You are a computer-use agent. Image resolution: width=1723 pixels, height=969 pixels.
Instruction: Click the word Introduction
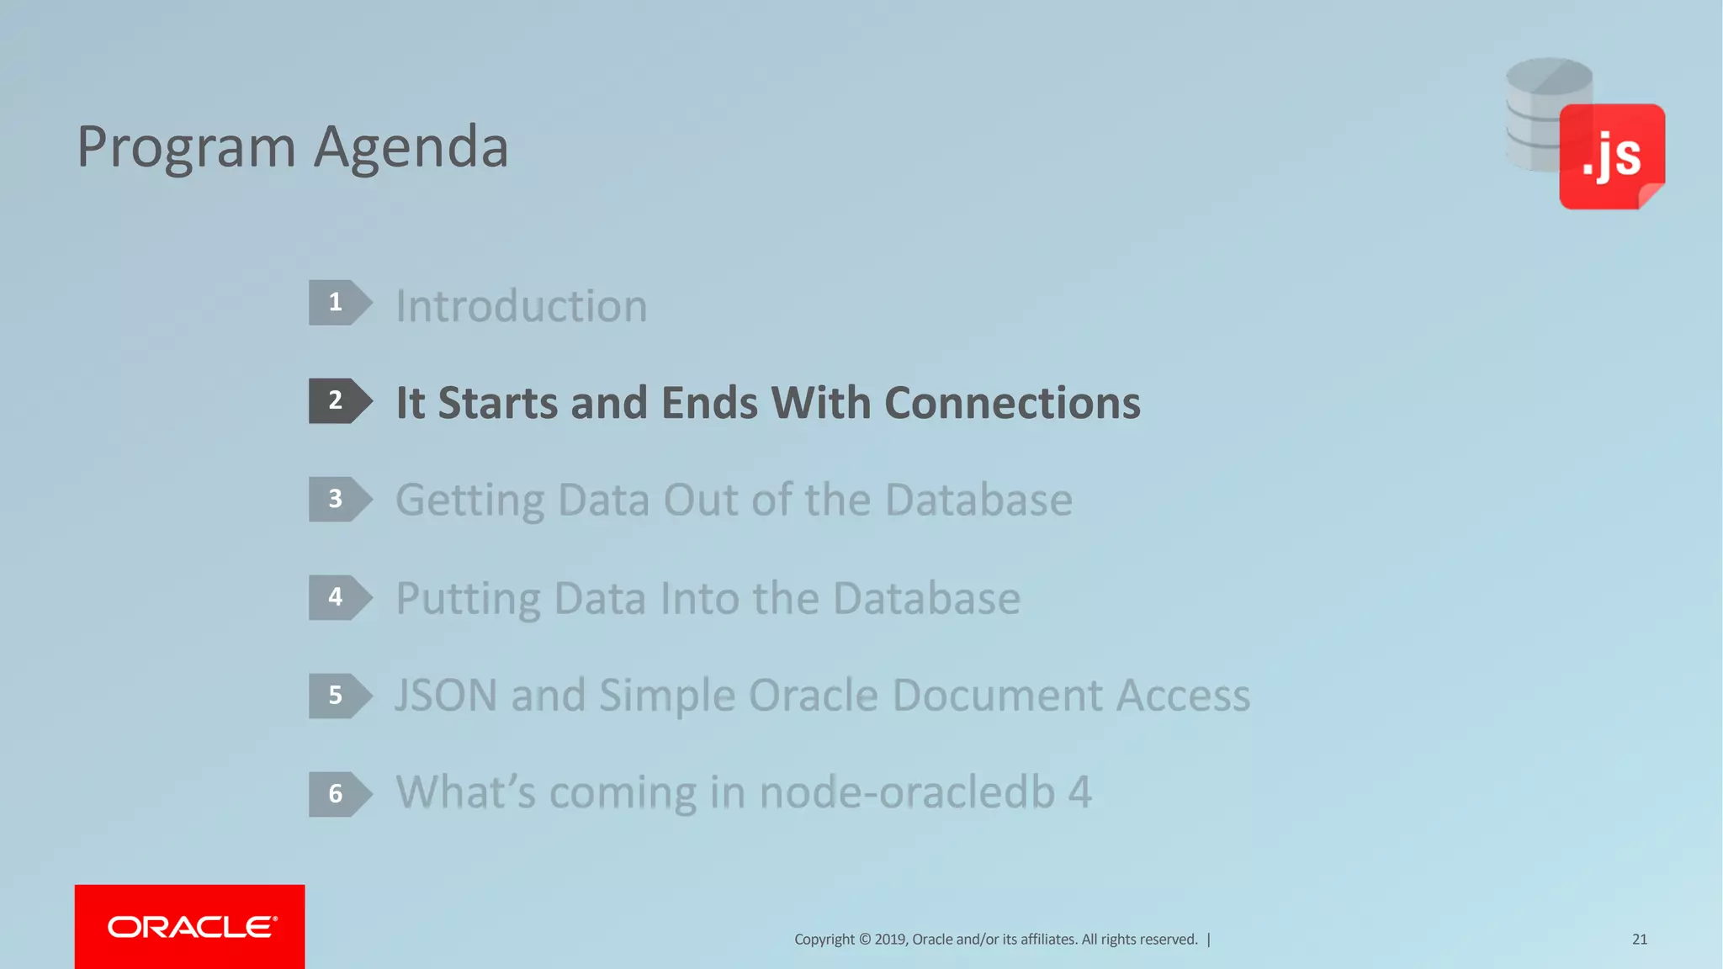click(x=522, y=305)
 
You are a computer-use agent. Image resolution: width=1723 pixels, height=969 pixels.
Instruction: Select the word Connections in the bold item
click(x=1012, y=403)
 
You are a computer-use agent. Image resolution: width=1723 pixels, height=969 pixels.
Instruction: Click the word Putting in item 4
click(x=468, y=599)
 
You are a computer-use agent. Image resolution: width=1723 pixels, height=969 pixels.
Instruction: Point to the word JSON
click(x=446, y=696)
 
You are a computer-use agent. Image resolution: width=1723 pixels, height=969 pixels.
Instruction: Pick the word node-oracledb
click(x=907, y=792)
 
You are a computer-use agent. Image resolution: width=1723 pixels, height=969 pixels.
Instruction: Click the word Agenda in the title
click(x=411, y=148)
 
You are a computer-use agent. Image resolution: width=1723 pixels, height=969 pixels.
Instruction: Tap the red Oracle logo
click(x=190, y=926)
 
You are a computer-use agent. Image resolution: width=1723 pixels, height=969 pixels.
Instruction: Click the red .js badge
click(x=1611, y=156)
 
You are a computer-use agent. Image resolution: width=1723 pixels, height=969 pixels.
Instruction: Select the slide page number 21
click(x=1639, y=940)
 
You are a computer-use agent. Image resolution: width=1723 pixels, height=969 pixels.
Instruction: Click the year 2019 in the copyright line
click(x=890, y=940)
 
